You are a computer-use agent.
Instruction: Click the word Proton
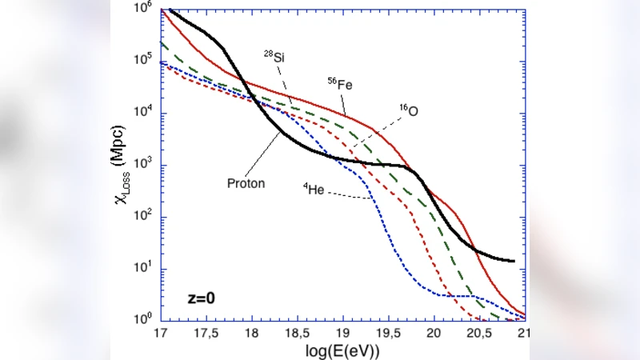[x=246, y=182]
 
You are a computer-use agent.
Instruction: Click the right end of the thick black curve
[x=513, y=261]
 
